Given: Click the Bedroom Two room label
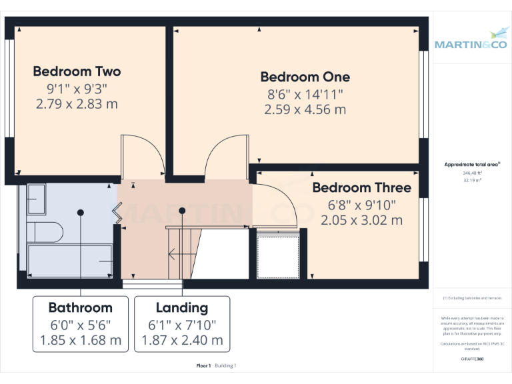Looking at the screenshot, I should pyautogui.click(x=77, y=71).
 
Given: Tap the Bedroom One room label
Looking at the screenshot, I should pyautogui.click(x=305, y=77).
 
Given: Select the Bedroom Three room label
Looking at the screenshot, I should pyautogui.click(x=361, y=188).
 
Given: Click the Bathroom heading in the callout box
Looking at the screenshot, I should pyautogui.click(x=80, y=307).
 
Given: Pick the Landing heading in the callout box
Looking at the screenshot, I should pyautogui.click(x=182, y=307).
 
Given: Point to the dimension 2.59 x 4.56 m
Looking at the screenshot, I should pyautogui.click(x=305, y=110).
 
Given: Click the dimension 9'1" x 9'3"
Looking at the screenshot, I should pyautogui.click(x=77, y=88).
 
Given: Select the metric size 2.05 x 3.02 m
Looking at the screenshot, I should pyautogui.click(x=361, y=220).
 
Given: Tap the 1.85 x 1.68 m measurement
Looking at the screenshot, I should pyautogui.click(x=80, y=341).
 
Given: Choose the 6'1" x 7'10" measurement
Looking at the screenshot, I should pyautogui.click(x=182, y=325).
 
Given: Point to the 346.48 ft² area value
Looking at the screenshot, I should pyautogui.click(x=473, y=173).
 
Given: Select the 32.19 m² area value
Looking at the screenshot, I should pyautogui.click(x=473, y=180).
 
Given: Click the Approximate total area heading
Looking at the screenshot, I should pyautogui.click(x=472, y=164).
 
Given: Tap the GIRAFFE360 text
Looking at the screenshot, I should pyautogui.click(x=473, y=359).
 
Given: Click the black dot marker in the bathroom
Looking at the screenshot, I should pyautogui.click(x=81, y=212).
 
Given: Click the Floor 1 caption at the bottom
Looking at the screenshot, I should pyautogui.click(x=203, y=365).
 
